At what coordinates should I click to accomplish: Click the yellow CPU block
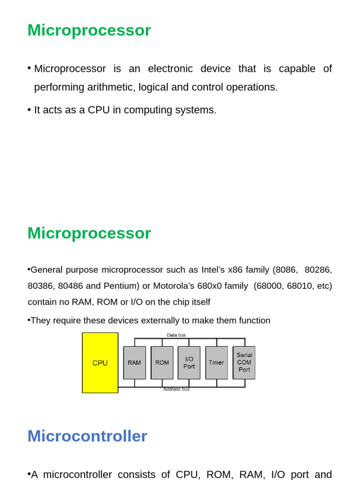pos(100,363)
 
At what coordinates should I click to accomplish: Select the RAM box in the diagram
pos(135,363)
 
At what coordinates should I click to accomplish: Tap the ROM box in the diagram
pos(162,363)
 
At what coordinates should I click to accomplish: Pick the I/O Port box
pos(189,363)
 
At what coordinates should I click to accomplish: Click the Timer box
pos(217,363)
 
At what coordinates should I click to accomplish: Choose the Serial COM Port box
pos(244,363)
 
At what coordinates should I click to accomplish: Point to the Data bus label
pos(176,335)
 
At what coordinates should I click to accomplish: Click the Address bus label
pos(176,390)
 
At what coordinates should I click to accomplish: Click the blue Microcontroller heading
pos(87,436)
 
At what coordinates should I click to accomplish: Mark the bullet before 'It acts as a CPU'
pos(29,110)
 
